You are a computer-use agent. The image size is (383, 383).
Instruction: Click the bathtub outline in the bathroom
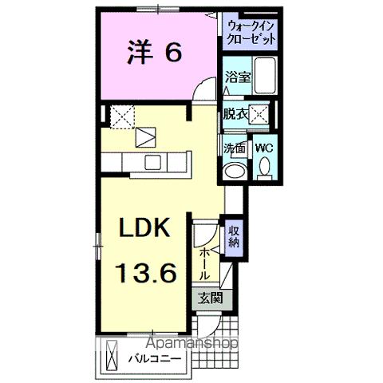coord(266,77)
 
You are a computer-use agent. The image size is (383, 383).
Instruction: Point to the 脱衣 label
coord(236,114)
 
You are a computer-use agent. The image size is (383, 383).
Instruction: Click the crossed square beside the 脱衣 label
coord(259,114)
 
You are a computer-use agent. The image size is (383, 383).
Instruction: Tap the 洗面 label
coord(235,148)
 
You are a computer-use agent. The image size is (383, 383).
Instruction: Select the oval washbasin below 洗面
coord(236,170)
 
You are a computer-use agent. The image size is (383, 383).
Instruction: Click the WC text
coord(264,148)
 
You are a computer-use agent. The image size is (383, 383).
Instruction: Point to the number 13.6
coord(146,274)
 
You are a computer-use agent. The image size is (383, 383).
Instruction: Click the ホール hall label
coord(205,263)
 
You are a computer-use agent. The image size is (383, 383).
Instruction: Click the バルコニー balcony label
coord(157,359)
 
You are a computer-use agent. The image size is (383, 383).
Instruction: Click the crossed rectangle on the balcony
coord(113,351)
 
